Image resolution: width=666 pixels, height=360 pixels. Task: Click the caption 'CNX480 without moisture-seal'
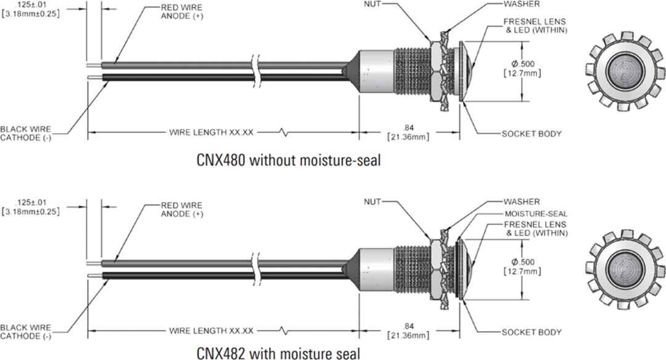pyautogui.click(x=287, y=162)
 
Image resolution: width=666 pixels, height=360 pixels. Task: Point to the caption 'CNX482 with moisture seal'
pyautogui.click(x=279, y=353)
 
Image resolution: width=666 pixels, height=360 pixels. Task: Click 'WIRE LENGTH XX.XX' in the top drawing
pyautogui.click(x=212, y=133)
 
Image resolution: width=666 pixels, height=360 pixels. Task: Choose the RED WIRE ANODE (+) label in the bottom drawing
pyautogui.click(x=181, y=210)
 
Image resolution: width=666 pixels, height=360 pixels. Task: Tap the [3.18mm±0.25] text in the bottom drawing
pyautogui.click(x=30, y=211)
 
